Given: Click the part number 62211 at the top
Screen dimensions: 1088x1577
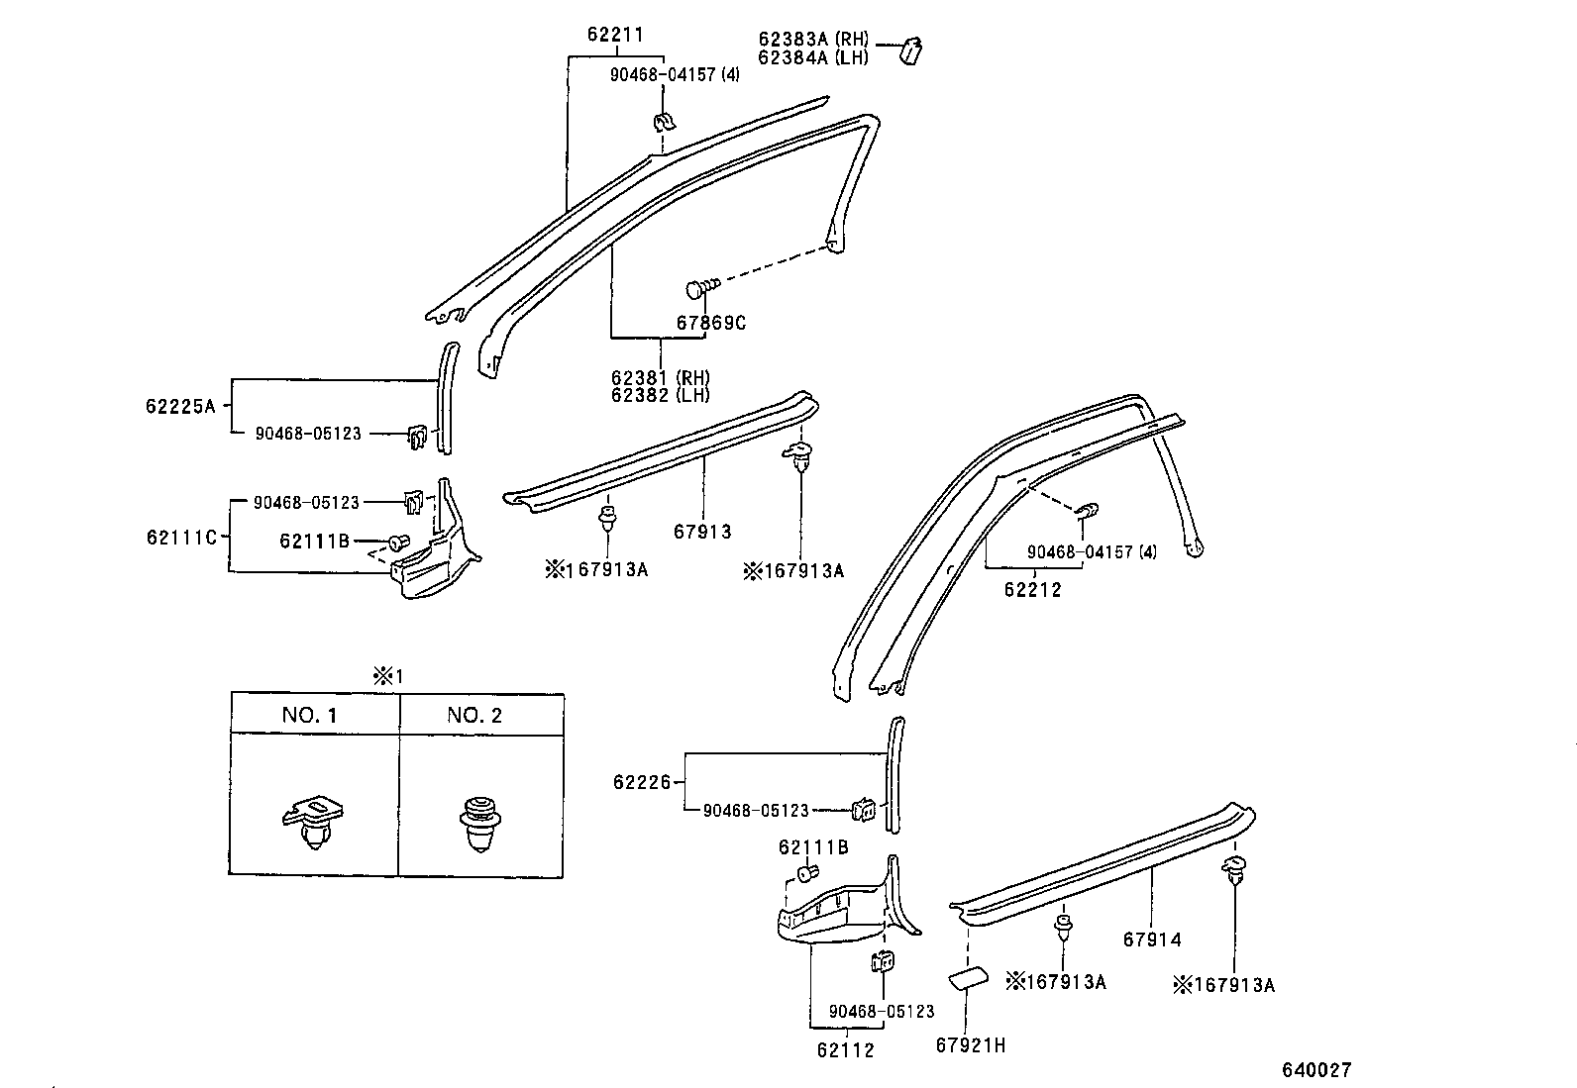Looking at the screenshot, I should tap(614, 36).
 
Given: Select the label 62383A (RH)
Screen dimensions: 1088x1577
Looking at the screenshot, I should tap(813, 40).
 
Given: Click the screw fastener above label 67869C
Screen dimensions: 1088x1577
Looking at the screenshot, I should tap(700, 288).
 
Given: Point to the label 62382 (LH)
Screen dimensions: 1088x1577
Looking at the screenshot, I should tap(660, 395).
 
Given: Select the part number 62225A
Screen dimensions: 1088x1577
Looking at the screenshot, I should tap(180, 406).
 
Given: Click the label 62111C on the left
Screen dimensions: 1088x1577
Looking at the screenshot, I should tap(180, 538).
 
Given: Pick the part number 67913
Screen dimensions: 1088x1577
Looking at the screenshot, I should tap(702, 532).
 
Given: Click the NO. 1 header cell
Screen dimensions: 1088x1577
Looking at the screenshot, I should tap(310, 715).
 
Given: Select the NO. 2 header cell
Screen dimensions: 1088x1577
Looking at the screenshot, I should tap(474, 715).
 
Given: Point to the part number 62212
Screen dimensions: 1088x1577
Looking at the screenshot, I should tap(1032, 590).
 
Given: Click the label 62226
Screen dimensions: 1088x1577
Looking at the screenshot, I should tap(642, 782).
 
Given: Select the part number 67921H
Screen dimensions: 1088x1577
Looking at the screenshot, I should tap(970, 1044).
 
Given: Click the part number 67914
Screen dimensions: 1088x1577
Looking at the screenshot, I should tap(1152, 940).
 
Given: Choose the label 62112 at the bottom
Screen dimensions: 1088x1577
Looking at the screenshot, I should tap(846, 1050).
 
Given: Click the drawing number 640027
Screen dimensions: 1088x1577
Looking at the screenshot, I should tap(1316, 1070).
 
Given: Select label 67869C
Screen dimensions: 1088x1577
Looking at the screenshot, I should tap(711, 323).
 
